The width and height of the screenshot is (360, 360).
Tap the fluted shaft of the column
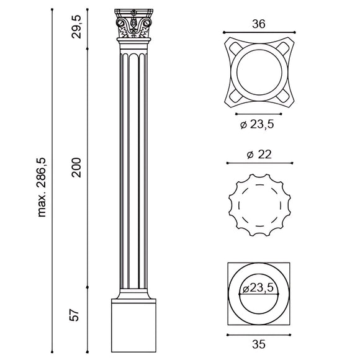pyautogui.click(x=133, y=168)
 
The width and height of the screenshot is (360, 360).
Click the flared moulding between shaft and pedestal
pyautogui.click(x=133, y=294)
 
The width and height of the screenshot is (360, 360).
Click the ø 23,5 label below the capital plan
pyautogui.click(x=258, y=124)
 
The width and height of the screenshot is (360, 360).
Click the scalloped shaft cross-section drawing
pyautogui.click(x=258, y=204)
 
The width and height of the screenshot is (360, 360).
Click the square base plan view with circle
pyautogui.click(x=258, y=294)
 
